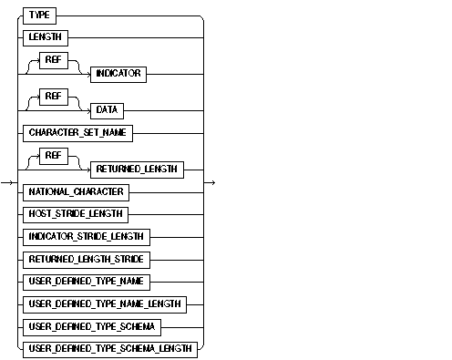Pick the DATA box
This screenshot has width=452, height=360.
pos(104,110)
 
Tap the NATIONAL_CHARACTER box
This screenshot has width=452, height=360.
pos(76,192)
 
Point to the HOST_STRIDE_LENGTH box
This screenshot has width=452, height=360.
pos(77,214)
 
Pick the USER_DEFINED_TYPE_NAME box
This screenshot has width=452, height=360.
pos(89,282)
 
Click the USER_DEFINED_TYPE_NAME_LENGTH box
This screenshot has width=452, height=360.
pos(107,303)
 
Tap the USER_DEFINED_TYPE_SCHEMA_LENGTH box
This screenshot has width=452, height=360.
pos(112,348)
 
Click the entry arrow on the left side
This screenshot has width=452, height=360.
pos(7,182)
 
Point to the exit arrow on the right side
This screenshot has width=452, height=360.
pos(211,182)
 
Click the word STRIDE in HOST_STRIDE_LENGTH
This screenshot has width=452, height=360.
pos(77,214)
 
